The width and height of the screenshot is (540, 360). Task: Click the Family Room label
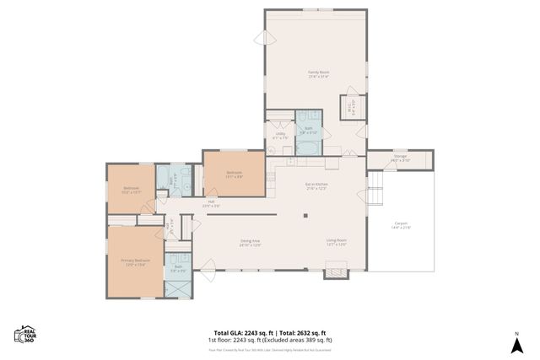click(x=317, y=73)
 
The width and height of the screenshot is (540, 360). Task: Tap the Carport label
click(x=400, y=226)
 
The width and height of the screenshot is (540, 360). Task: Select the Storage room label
click(x=400, y=158)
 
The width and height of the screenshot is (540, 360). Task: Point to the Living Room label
click(x=337, y=243)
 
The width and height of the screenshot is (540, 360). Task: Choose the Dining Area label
click(x=250, y=243)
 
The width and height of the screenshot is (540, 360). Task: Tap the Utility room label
click(x=280, y=136)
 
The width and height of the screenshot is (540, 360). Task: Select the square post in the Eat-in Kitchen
click(x=305, y=214)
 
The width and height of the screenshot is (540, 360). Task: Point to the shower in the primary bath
click(x=177, y=286)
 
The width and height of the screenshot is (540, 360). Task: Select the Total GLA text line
click(x=270, y=332)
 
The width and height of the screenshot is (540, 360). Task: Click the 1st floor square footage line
click(x=270, y=340)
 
